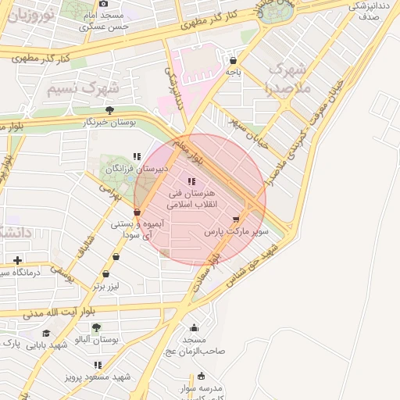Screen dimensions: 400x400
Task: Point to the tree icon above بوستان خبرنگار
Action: click(109, 110)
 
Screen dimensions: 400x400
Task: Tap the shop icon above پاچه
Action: click(233, 60)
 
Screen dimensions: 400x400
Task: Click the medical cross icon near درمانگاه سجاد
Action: click(17, 260)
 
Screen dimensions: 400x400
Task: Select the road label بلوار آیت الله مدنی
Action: click(52, 313)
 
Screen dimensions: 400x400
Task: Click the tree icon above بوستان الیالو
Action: click(96, 328)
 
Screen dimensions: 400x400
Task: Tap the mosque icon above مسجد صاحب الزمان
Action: click(194, 328)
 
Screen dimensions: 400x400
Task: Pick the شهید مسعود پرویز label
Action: click(98, 377)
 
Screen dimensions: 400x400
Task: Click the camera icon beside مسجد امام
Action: click(103, 4)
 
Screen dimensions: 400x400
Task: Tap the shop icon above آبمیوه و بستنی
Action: click(137, 212)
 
